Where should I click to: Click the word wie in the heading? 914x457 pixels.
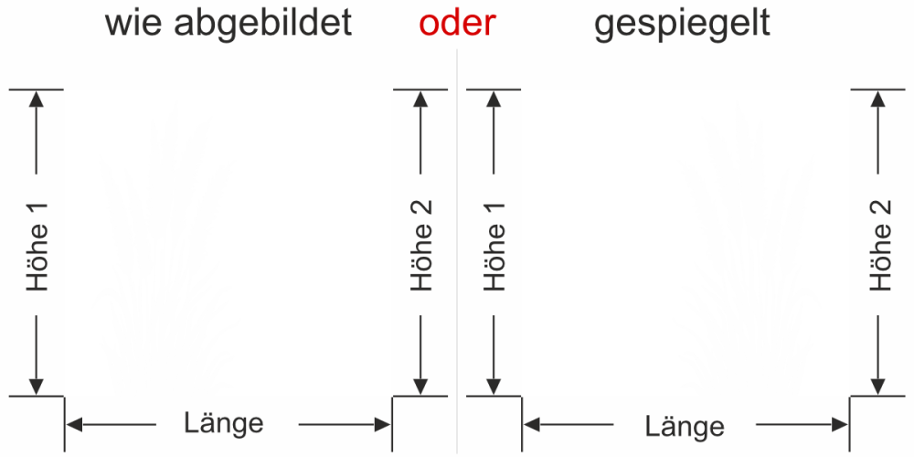point(132,24)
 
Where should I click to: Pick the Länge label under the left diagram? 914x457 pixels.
point(224,423)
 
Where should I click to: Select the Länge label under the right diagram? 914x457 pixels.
point(685,426)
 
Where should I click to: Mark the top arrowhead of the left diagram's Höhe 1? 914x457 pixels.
point(37,99)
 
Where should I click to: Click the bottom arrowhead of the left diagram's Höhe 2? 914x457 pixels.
point(420,387)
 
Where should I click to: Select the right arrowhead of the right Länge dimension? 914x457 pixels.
point(840,424)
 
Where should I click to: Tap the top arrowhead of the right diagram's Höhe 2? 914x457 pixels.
point(879,99)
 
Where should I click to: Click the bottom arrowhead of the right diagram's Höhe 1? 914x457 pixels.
point(494,387)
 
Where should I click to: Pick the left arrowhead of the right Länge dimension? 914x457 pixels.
point(531,424)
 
